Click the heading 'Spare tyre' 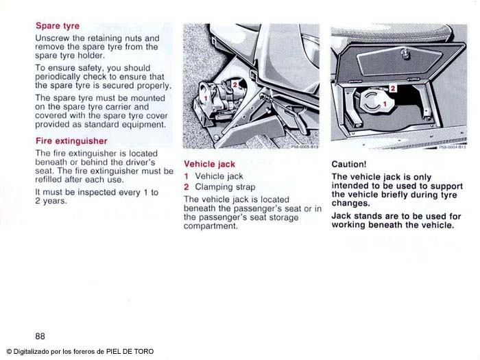point(58,26)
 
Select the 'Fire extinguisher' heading point(71,141)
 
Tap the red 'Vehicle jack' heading point(209,165)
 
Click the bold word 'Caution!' point(349,165)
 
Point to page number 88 point(40,336)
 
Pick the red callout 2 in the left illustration point(235,84)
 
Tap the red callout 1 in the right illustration point(385,103)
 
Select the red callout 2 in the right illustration point(393,88)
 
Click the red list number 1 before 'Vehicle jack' point(187,176)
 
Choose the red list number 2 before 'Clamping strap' point(187,187)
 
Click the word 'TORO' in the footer point(143,352)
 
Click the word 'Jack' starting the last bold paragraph point(341,216)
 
